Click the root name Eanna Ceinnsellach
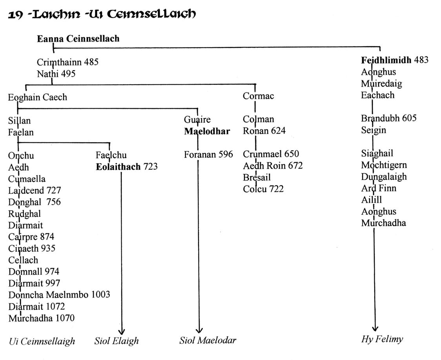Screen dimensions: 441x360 78,38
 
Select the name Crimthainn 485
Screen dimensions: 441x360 67,62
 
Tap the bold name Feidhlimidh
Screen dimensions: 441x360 386,60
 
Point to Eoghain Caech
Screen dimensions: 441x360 37,97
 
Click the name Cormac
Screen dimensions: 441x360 258,96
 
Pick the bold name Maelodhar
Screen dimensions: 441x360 207,131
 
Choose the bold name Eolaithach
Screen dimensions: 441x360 118,167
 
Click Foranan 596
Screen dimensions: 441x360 208,154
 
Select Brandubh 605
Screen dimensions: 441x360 389,118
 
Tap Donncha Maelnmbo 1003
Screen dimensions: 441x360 59,295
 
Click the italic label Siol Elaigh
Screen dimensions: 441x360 117,341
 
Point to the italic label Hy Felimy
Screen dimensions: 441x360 382,339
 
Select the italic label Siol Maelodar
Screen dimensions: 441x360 208,340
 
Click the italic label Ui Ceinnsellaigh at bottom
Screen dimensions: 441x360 42,341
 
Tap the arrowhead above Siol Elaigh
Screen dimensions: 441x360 122,332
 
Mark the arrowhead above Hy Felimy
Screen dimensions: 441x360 375,328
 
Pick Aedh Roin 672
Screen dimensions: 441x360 273,166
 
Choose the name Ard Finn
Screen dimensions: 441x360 379,188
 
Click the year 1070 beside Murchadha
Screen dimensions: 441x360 65,318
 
